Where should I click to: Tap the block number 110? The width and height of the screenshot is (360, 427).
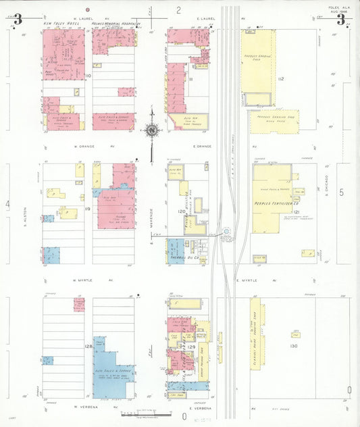[88, 76]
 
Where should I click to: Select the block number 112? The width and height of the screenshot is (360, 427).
[280, 79]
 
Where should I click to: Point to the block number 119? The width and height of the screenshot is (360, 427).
[88, 210]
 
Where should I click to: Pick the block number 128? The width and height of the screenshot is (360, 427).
[88, 346]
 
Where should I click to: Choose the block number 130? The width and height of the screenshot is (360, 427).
[293, 346]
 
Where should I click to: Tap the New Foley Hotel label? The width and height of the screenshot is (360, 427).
[58, 24]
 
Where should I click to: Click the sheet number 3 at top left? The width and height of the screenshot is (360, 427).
[17, 19]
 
